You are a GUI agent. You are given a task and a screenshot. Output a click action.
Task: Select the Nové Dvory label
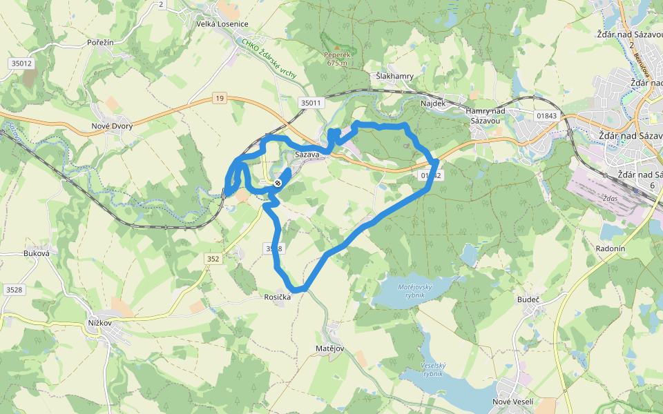[x=112, y=126]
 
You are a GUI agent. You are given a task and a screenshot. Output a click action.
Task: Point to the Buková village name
[x=37, y=253]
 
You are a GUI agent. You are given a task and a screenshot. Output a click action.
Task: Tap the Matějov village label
[x=329, y=349]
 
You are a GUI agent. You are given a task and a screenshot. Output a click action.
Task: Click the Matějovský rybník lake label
[x=415, y=290]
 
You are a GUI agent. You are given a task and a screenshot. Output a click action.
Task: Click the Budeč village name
[x=528, y=299]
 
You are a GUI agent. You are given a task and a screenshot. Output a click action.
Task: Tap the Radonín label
[x=610, y=248]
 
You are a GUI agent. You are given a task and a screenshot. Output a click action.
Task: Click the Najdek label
[x=434, y=103]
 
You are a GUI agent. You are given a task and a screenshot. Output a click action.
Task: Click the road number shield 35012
[x=21, y=63]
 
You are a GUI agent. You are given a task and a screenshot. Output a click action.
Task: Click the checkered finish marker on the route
[x=278, y=183]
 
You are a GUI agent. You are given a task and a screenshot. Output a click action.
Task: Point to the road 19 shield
[x=220, y=99]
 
